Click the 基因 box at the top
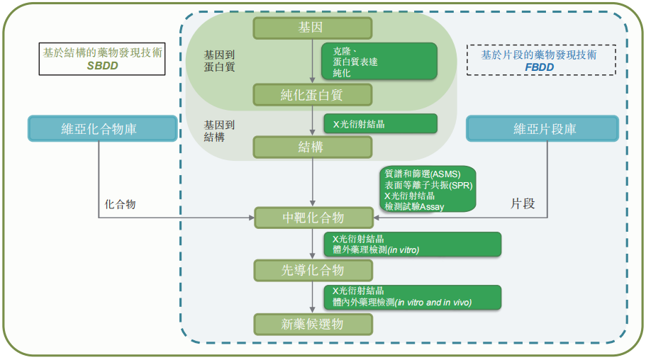pyautogui.click(x=313, y=28)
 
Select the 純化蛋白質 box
pyautogui.click(x=313, y=94)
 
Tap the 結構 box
pyautogui.click(x=313, y=147)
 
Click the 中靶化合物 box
pyautogui.click(x=313, y=218)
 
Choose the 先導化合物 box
pyautogui.click(x=313, y=270)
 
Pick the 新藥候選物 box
pyautogui.click(x=313, y=324)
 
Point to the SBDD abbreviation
pyautogui.click(x=102, y=65)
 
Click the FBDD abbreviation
pyautogui.click(x=540, y=66)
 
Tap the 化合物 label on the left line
pyautogui.click(x=120, y=204)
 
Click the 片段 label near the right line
pyautogui.click(x=523, y=203)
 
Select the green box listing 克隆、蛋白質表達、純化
pyautogui.click(x=379, y=62)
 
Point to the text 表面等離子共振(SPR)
pyautogui.click(x=428, y=185)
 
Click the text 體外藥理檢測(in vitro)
pyautogui.click(x=377, y=249)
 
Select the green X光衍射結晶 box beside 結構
pyautogui.click(x=379, y=123)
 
